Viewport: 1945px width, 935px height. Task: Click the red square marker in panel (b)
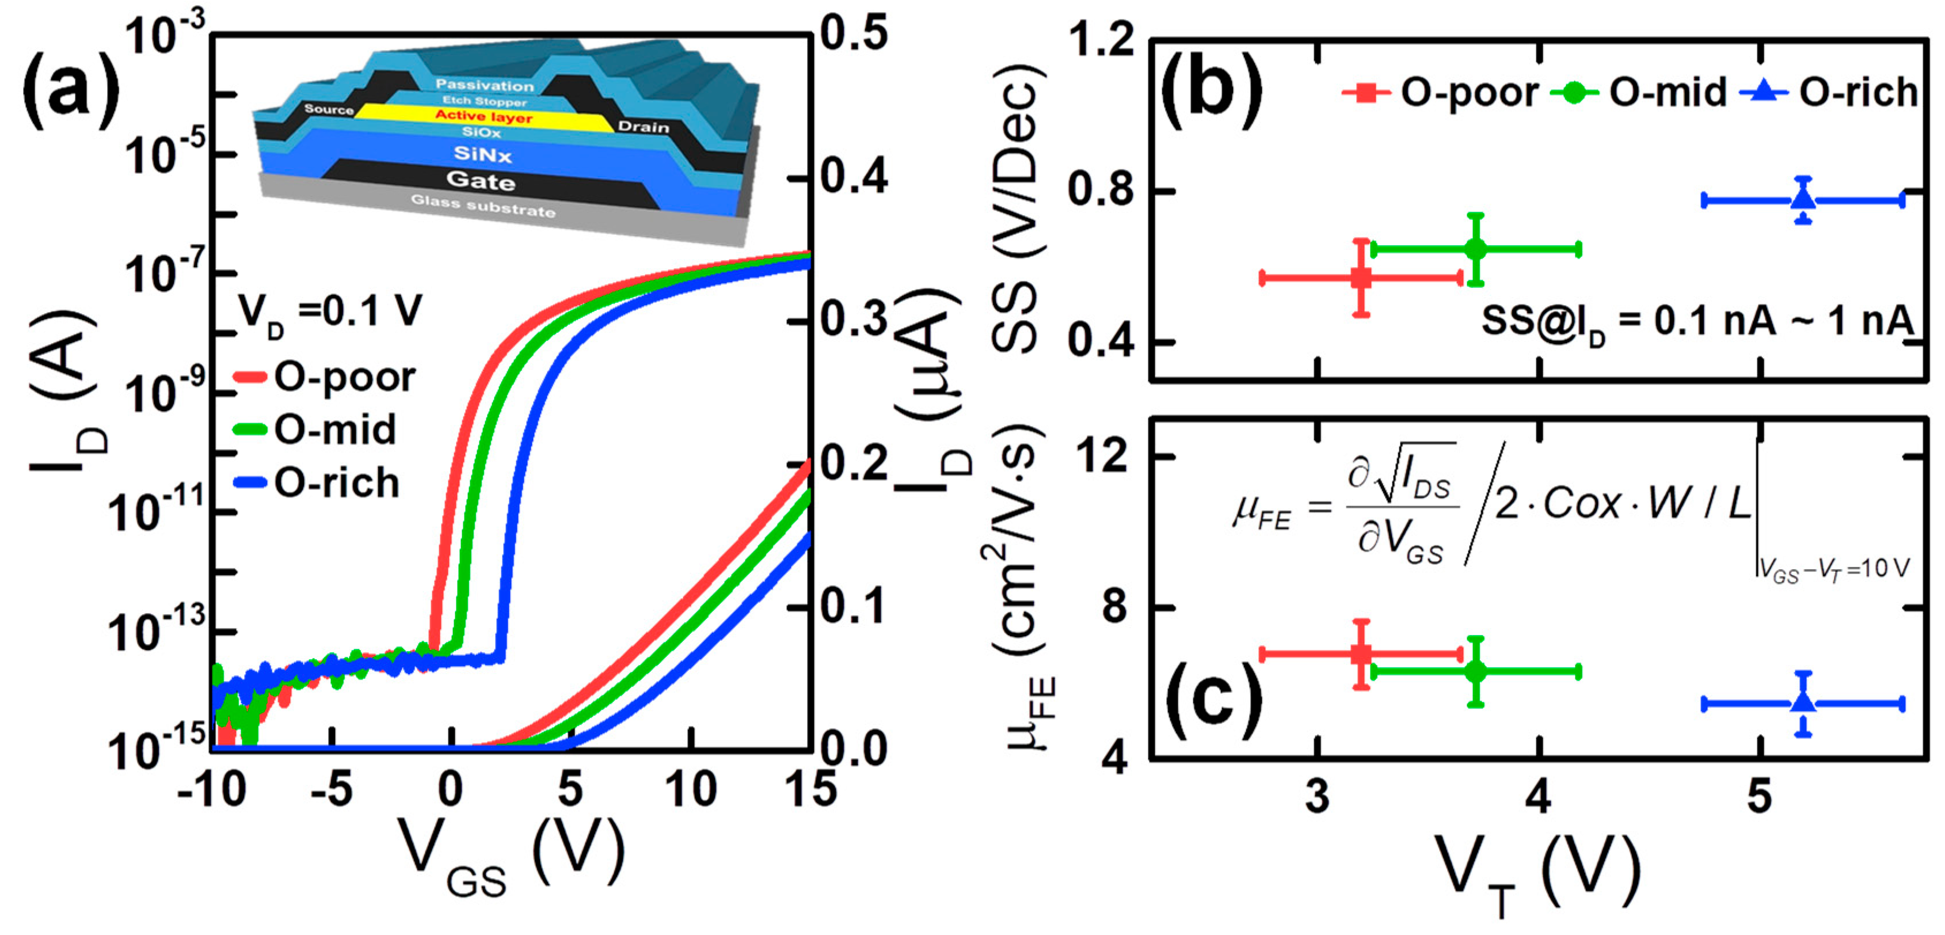[x=1361, y=278]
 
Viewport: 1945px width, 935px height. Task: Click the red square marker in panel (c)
[x=1361, y=654]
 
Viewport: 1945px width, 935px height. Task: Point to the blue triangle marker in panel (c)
[x=1803, y=702]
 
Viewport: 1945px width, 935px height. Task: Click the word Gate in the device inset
[x=481, y=181]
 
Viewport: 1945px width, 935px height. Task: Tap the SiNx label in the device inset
[x=482, y=155]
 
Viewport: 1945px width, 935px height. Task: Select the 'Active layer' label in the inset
[x=484, y=116]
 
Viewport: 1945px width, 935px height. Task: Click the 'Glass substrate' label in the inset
[x=484, y=206]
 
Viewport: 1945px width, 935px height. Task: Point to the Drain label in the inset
[x=644, y=127]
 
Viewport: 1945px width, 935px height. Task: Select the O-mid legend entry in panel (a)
[x=334, y=430]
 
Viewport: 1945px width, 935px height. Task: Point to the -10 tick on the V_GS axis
[x=211, y=790]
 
